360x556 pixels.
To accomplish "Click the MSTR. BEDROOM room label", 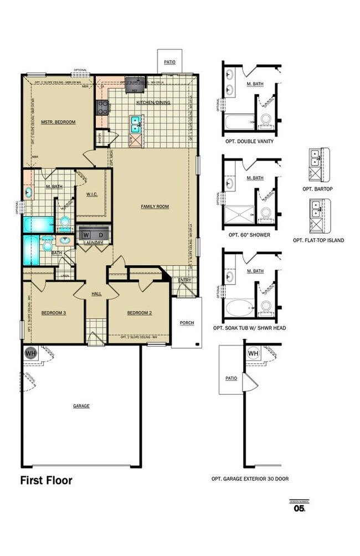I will (x=58, y=122).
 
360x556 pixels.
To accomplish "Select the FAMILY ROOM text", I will (x=155, y=207).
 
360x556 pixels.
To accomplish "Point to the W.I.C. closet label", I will (x=91, y=194).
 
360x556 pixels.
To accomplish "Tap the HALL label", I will (x=96, y=294).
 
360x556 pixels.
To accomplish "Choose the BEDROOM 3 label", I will (x=54, y=313).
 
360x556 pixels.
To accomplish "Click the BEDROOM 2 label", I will (x=139, y=313).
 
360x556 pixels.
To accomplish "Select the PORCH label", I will (x=187, y=322).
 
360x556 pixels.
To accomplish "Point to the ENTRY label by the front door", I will (x=184, y=280).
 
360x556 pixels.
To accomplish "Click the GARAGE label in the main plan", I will (x=81, y=406).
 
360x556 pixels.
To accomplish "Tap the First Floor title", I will (x=47, y=480).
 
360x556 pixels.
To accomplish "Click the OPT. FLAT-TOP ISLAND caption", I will (x=318, y=240).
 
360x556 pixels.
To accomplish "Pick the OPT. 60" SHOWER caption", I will (x=249, y=234).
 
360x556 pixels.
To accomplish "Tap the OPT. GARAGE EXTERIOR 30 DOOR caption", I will (x=250, y=479).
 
